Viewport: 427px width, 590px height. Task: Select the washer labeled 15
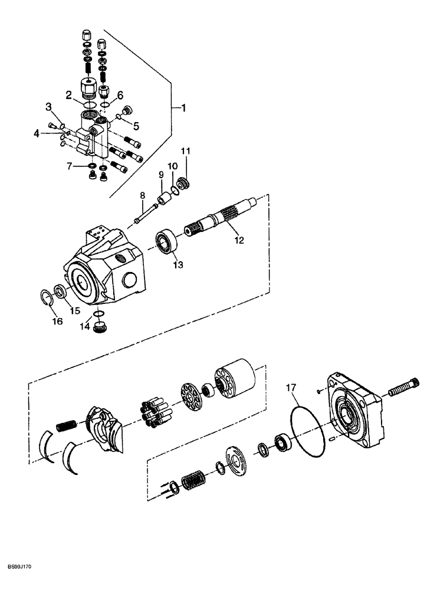coord(60,291)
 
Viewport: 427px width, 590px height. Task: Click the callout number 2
coord(69,94)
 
